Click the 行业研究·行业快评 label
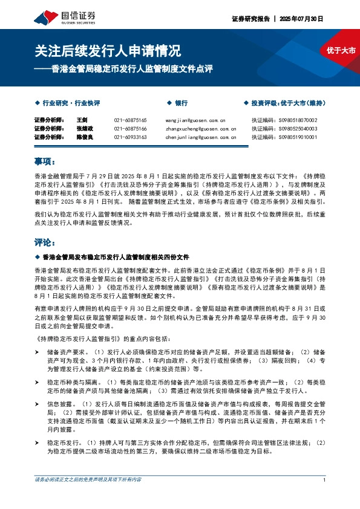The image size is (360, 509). pos(70,103)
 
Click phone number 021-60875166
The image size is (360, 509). pos(130,129)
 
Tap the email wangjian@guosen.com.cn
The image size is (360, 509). pos(195,120)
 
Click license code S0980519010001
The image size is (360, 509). pos(295,137)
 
